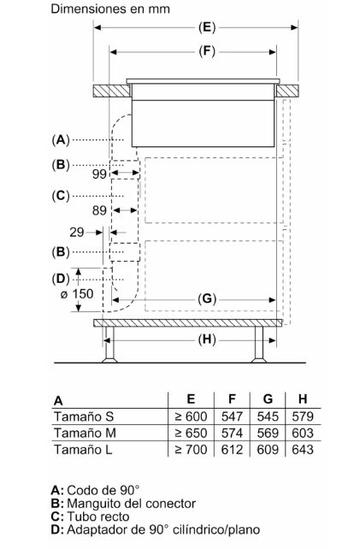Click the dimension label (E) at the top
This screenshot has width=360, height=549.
pyautogui.click(x=207, y=27)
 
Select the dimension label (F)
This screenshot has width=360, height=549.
pyautogui.click(x=207, y=51)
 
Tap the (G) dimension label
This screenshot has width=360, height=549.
pyautogui.click(x=207, y=299)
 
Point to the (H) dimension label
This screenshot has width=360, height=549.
pyautogui.click(x=207, y=339)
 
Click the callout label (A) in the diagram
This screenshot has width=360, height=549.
pyautogui.click(x=61, y=139)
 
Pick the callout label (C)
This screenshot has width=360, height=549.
pyautogui.click(x=61, y=195)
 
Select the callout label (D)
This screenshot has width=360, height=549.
pyautogui.click(x=61, y=279)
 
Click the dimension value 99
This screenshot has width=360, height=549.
pyautogui.click(x=99, y=174)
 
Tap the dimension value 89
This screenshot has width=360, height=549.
pyautogui.click(x=99, y=210)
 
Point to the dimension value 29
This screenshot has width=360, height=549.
pyautogui.click(x=77, y=232)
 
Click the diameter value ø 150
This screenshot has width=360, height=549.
pyautogui.click(x=77, y=294)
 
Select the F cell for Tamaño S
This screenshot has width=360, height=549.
pyautogui.click(x=232, y=416)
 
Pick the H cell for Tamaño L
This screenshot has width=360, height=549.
pyautogui.click(x=303, y=450)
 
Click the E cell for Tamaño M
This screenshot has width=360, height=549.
pyautogui.click(x=191, y=433)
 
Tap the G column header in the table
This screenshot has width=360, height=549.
pyautogui.click(x=268, y=399)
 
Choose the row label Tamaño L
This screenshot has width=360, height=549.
pyautogui.click(x=83, y=450)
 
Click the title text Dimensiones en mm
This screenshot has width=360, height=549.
pyautogui.click(x=110, y=9)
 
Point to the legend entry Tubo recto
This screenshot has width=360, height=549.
pyautogui.click(x=98, y=517)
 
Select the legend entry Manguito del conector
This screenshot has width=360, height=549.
pyautogui.click(x=132, y=504)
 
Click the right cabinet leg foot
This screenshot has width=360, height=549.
pyautogui.click(x=259, y=360)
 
